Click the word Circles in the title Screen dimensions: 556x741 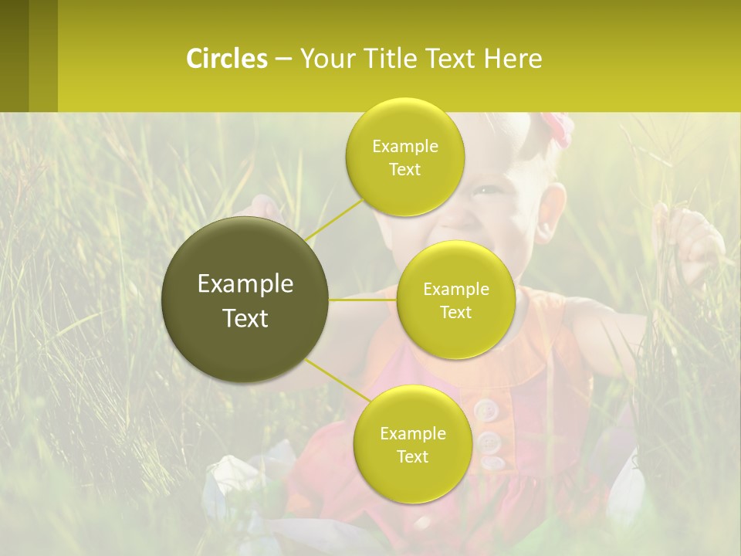click(x=226, y=59)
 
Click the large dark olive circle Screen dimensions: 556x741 click(x=245, y=300)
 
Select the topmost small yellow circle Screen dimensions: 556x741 click(x=404, y=157)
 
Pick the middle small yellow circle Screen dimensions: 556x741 click(x=455, y=300)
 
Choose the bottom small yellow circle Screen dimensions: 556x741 click(x=412, y=444)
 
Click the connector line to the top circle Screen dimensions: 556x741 click(x=334, y=219)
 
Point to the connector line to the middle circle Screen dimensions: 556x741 click(x=363, y=300)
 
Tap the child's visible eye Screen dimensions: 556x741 click(x=484, y=190)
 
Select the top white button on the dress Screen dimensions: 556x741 click(x=485, y=410)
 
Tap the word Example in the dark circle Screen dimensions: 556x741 click(x=245, y=284)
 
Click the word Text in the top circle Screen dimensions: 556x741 click(x=404, y=169)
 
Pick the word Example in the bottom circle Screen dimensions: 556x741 click(x=412, y=433)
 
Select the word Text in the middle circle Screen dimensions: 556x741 click(x=455, y=312)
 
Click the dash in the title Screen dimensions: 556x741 click(x=283, y=59)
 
